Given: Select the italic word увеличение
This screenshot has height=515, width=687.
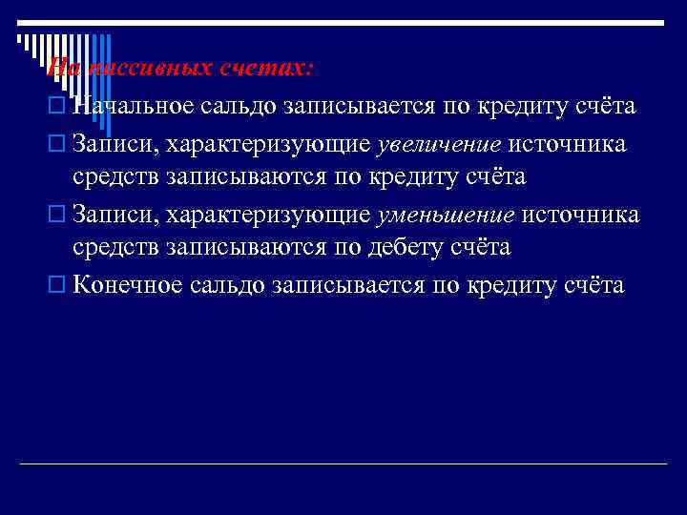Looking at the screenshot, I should [x=439, y=144].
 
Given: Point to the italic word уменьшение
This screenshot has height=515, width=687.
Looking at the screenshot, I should [x=445, y=214].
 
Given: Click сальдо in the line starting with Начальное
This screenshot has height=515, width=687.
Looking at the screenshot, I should [x=240, y=106].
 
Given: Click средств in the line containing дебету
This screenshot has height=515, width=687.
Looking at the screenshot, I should [x=116, y=248].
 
